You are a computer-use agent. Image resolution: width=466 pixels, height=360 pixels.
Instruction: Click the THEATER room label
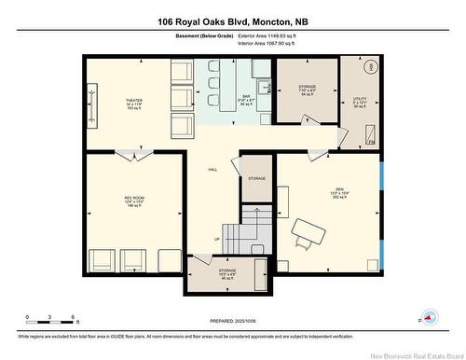[133, 99]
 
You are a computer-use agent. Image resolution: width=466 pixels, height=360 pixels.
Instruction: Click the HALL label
[212, 169]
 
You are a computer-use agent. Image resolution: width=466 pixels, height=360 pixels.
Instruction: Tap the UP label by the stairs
[217, 239]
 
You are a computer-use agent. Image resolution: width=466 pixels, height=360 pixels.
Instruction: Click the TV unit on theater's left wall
[91, 100]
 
